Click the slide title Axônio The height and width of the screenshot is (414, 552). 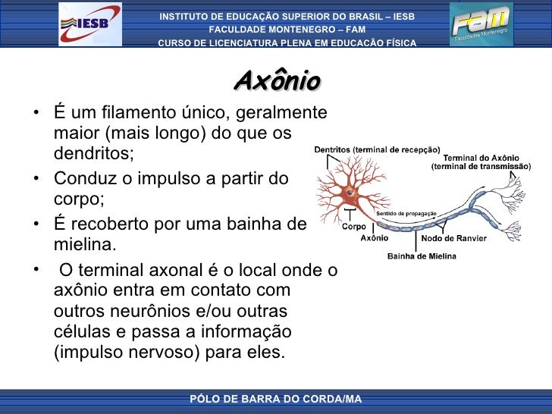[277, 80]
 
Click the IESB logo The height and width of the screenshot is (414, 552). [89, 23]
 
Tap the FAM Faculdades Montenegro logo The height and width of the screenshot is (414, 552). [481, 24]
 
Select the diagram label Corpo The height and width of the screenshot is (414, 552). [353, 226]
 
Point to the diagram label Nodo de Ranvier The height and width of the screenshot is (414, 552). [453, 238]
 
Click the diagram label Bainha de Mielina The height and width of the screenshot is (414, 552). [422, 256]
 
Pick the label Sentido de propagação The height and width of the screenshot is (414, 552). [406, 214]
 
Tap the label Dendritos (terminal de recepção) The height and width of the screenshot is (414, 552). [377, 149]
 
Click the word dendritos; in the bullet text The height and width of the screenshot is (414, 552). [93, 154]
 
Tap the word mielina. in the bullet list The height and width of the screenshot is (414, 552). [86, 246]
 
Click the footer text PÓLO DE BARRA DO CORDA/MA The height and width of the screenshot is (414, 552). [275, 399]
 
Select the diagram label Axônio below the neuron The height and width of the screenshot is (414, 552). [374, 238]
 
